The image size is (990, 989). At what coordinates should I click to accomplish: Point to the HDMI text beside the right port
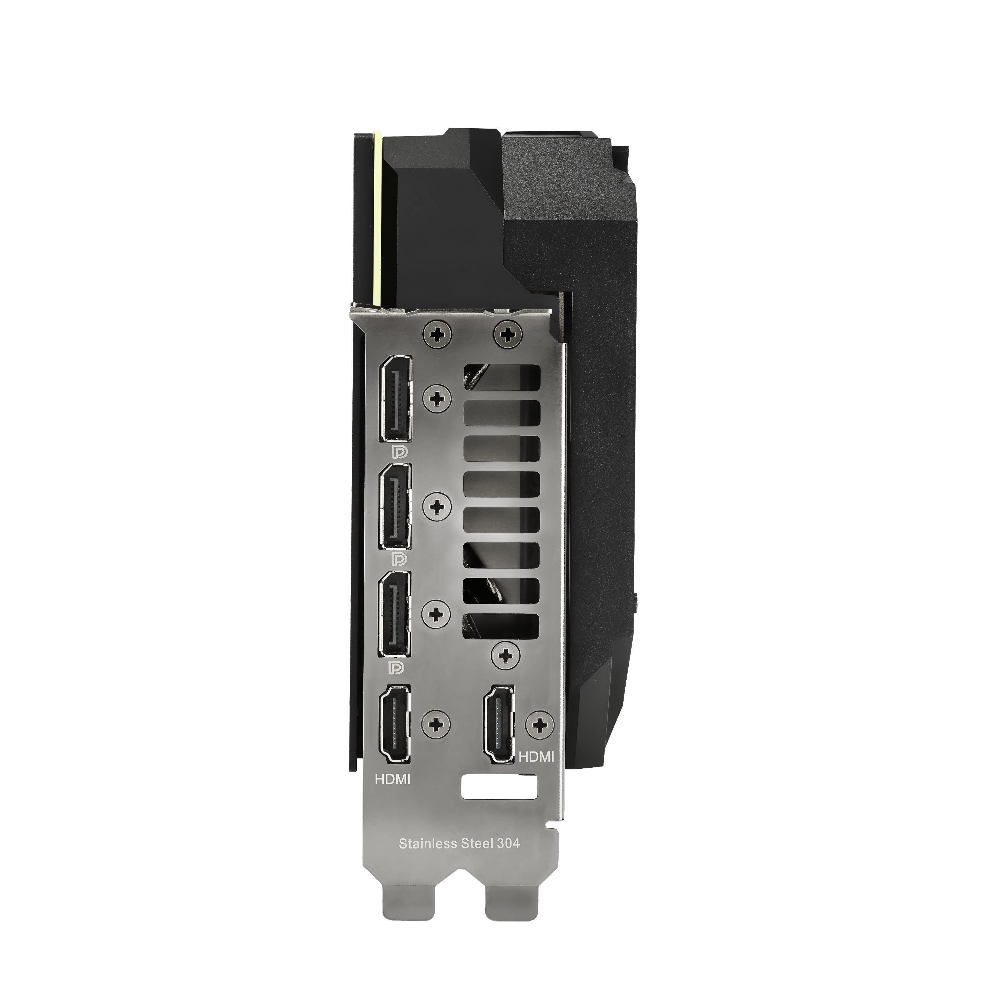point(537,757)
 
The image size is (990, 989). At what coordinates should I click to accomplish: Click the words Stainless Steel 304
point(459,843)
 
